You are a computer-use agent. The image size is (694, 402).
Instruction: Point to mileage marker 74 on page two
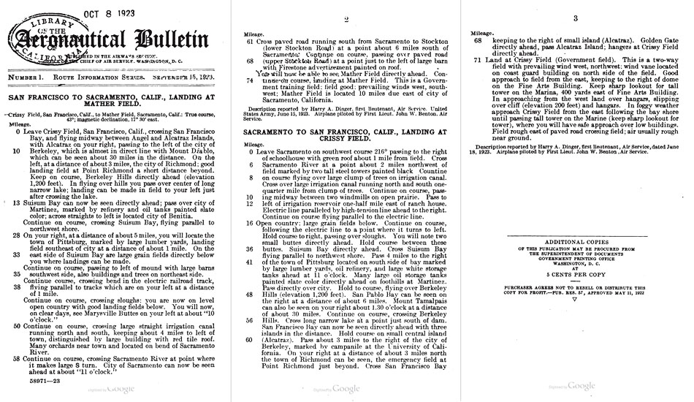click(x=249, y=79)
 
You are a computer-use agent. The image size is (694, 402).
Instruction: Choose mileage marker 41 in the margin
click(x=249, y=262)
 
